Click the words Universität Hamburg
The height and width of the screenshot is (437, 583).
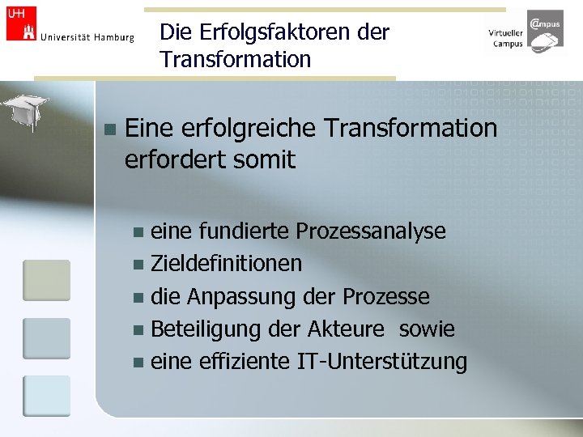point(87,37)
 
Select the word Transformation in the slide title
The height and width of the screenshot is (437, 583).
point(236,59)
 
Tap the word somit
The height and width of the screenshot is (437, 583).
point(264,159)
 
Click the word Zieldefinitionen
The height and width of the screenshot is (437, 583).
point(227,263)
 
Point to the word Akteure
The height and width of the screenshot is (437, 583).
point(346,329)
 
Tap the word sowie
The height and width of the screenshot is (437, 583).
point(427,329)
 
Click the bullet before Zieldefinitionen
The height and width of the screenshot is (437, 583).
point(138,264)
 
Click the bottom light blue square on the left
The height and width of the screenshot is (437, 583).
point(46,397)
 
